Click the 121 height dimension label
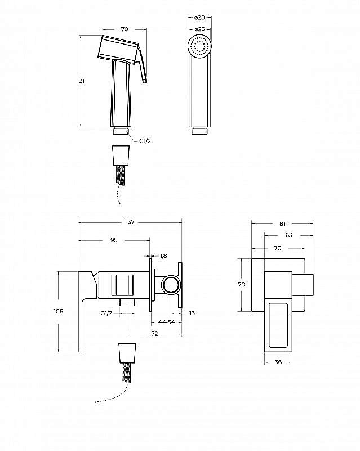click(81, 81)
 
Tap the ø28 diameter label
click(199, 17)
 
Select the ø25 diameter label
click(199, 29)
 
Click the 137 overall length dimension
click(130, 222)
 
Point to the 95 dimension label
click(114, 240)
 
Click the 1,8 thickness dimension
click(163, 255)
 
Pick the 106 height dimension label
click(59, 311)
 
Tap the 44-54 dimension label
click(167, 322)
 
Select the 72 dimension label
click(155, 334)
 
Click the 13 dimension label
click(192, 313)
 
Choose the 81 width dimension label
click(282, 223)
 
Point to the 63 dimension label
click(288, 235)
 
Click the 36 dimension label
click(278, 362)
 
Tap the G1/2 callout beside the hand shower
click(145, 141)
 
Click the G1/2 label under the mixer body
click(106, 313)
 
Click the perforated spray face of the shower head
click(199, 46)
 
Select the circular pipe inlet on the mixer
click(171, 286)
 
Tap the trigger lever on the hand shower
click(143, 65)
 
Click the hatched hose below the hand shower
click(120, 175)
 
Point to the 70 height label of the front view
click(242, 285)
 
